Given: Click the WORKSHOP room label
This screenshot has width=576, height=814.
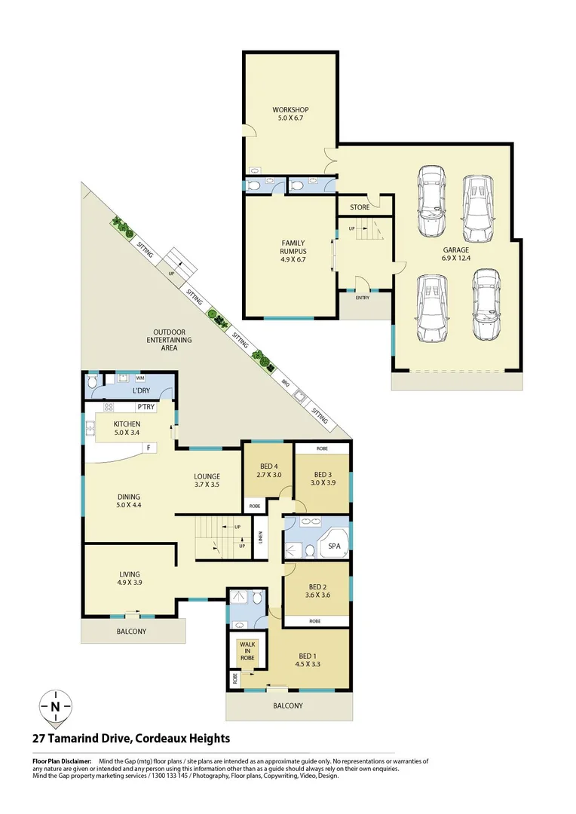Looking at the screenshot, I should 290,110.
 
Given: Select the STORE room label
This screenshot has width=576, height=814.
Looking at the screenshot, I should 360,207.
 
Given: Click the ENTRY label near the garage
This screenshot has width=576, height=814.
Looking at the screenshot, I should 363,298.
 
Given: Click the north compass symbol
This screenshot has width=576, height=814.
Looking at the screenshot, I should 55,706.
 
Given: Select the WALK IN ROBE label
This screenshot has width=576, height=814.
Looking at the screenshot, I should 247,651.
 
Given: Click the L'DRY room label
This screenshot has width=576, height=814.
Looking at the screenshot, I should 140,391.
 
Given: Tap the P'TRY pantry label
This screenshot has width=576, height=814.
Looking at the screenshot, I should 146,408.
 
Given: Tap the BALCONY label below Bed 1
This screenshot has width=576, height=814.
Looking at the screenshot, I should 288,706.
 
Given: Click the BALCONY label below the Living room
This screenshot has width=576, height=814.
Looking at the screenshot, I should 131,632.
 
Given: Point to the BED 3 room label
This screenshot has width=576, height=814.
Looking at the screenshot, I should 323,474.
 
